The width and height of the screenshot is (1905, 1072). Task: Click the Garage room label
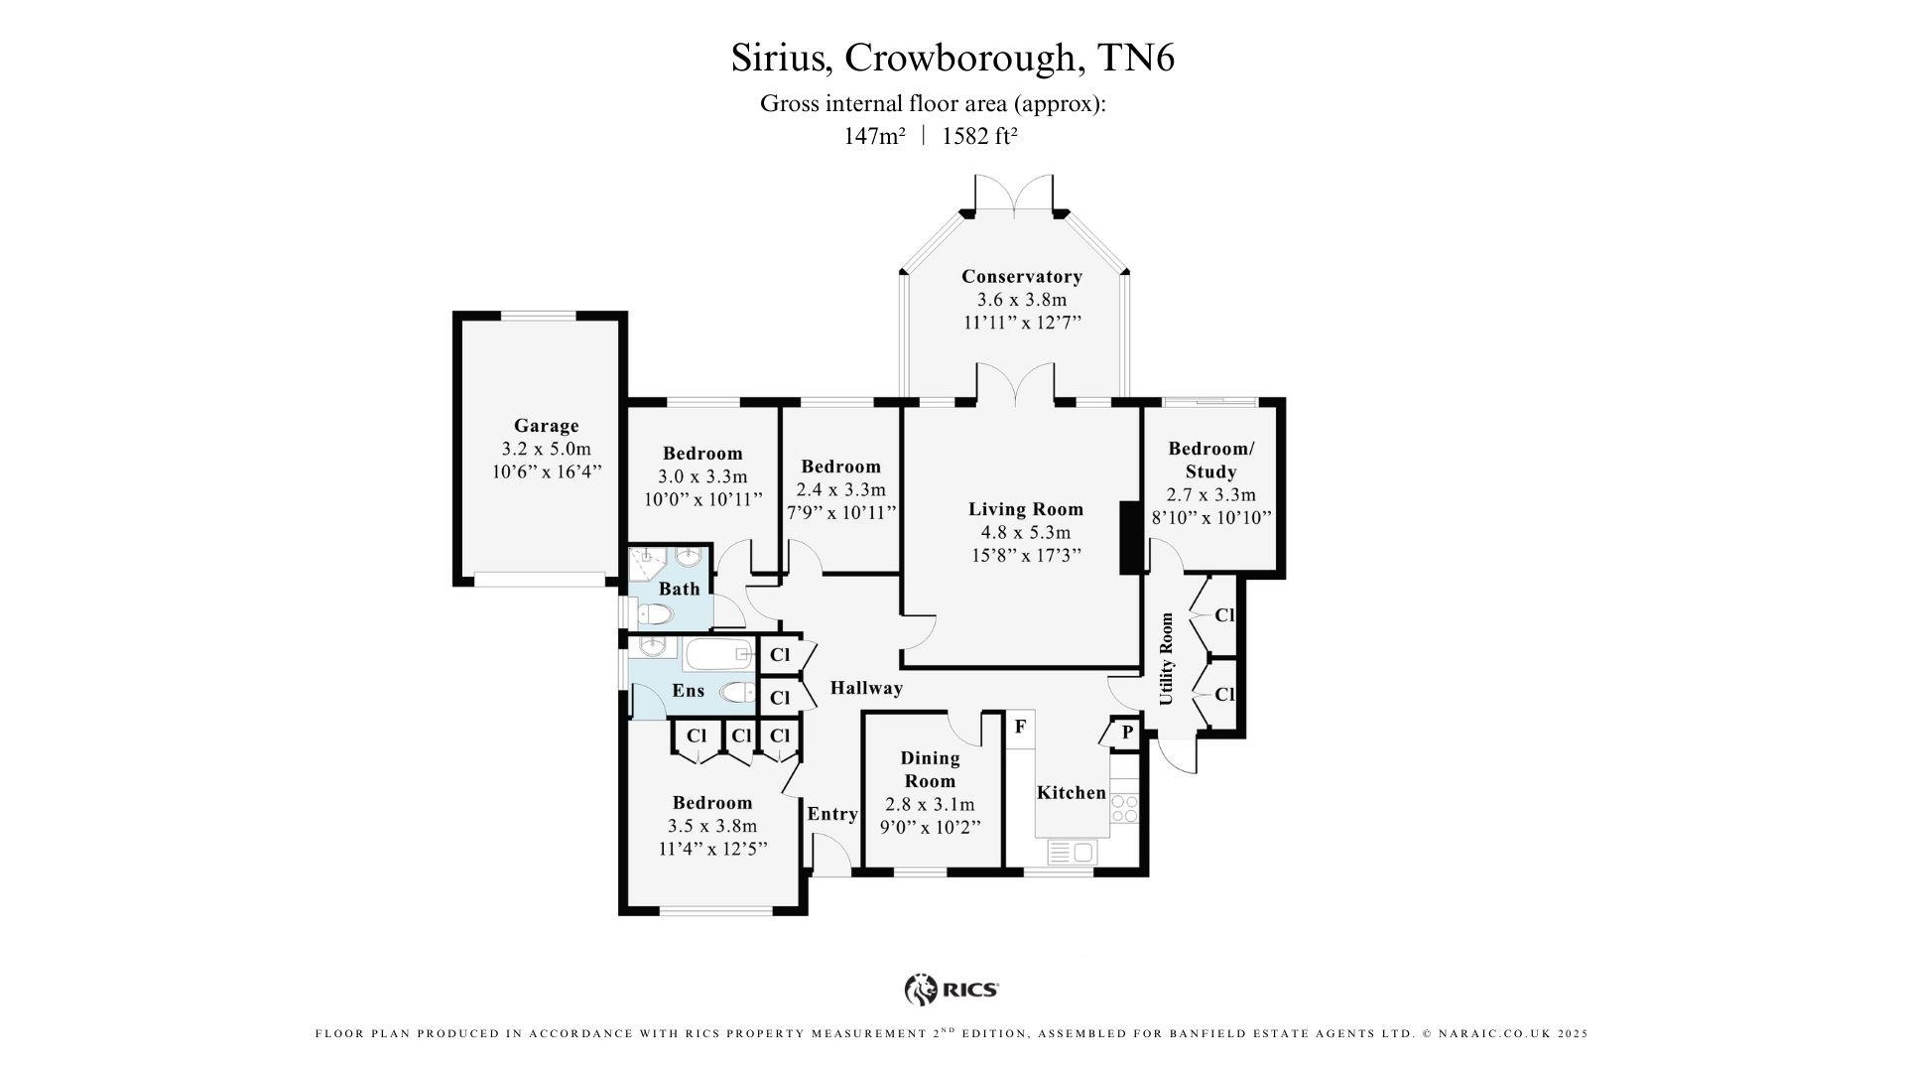click(x=546, y=426)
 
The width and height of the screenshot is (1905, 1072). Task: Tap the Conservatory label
click(x=1021, y=276)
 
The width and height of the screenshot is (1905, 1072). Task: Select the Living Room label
click(x=1026, y=509)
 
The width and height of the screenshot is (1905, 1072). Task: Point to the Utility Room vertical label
click(x=1166, y=659)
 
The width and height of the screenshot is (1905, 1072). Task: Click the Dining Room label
click(x=930, y=768)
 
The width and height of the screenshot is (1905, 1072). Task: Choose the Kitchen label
click(x=1071, y=792)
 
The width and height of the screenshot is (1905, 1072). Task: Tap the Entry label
click(x=831, y=814)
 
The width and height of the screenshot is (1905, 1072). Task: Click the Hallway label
click(x=866, y=688)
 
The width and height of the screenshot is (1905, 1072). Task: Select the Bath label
click(x=679, y=589)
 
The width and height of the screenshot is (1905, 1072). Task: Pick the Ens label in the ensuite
click(x=688, y=691)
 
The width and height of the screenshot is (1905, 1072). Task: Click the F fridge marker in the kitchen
click(x=1019, y=727)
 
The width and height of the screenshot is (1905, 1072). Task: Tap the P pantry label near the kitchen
click(x=1127, y=733)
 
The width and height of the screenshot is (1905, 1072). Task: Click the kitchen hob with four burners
click(x=1124, y=808)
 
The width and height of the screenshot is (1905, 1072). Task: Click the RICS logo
click(x=951, y=989)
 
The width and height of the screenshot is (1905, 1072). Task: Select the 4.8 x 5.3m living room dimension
click(x=1026, y=532)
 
